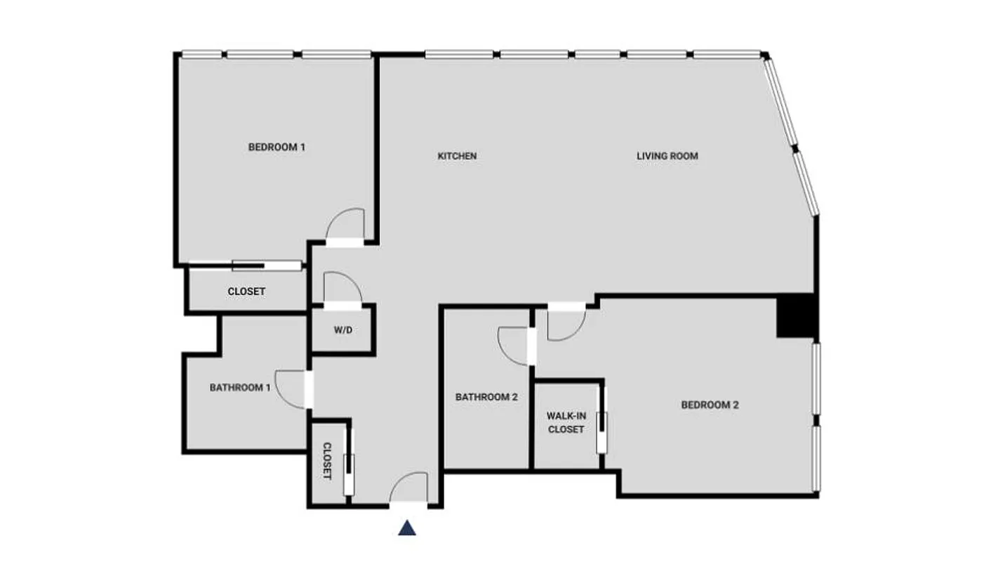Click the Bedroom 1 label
[x=277, y=148]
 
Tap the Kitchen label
[x=457, y=156]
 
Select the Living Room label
[x=667, y=156]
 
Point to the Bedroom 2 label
[x=710, y=405]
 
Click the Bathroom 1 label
[x=240, y=387]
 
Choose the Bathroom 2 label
[x=486, y=397]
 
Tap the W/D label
[x=342, y=329]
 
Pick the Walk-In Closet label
[x=566, y=422]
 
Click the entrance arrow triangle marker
[x=407, y=528]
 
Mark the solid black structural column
[x=796, y=315]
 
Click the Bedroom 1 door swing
[x=347, y=225]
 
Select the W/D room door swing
[x=342, y=288]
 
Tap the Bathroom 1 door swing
[x=290, y=388]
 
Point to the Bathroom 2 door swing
[x=514, y=346]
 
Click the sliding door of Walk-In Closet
[x=601, y=422]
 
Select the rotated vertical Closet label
[x=327, y=461]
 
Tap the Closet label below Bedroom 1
[x=246, y=291]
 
